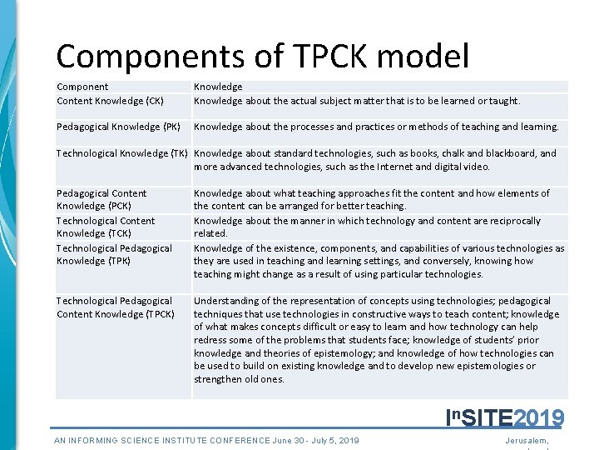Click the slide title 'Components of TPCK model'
[262, 56]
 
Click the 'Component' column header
[82, 87]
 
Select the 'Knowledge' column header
[218, 87]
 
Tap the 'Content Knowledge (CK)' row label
[110, 101]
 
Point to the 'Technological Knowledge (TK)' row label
[121, 153]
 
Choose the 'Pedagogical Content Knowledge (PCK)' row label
[101, 199]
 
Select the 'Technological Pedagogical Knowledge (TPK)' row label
[114, 254]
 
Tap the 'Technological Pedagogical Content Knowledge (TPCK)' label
[115, 307]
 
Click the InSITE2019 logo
[505, 417]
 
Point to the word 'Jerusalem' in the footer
[532, 441]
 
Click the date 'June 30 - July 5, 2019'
[315, 441]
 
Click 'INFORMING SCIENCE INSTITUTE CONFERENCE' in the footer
[162, 441]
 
